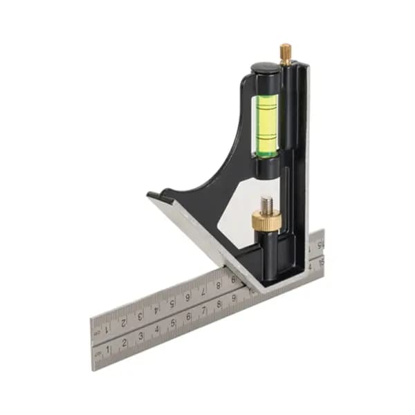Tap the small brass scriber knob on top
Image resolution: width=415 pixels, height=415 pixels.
coord(285,53)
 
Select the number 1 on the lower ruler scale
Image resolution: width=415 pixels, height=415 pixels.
coord(108,349)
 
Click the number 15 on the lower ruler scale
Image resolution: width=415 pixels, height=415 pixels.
coord(319,261)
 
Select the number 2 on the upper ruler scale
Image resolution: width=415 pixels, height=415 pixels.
coord(124,322)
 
